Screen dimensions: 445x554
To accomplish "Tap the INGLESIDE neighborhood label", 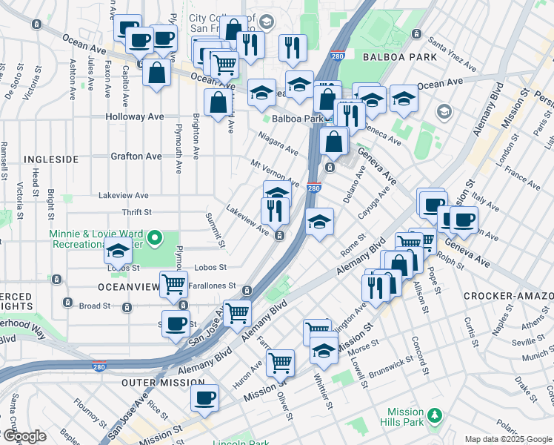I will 51,159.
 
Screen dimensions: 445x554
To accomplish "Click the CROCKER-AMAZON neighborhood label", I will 508,296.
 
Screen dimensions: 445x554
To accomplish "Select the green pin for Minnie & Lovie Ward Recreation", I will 154,238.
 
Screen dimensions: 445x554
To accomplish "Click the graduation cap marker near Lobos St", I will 118,251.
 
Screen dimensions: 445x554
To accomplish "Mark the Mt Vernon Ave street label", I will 274,173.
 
